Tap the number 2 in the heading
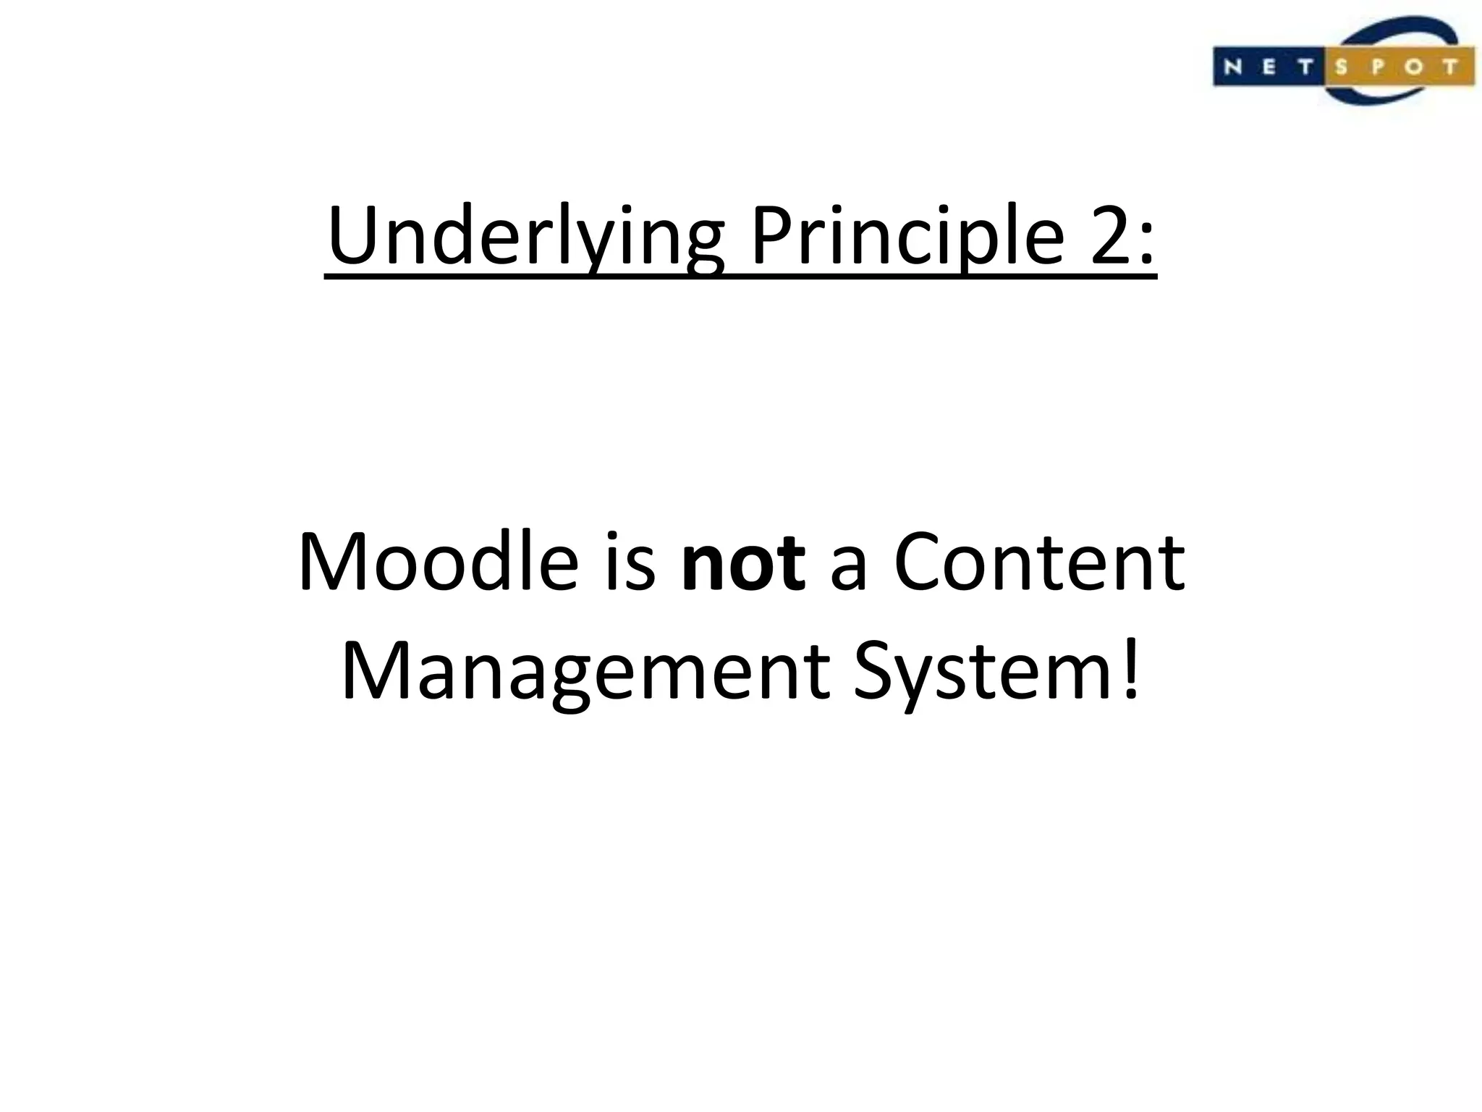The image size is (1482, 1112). [x=1110, y=236]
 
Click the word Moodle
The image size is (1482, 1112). [x=439, y=563]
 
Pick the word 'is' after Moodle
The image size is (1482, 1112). [x=630, y=563]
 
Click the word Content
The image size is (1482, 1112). [x=1040, y=563]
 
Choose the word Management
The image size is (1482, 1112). [x=585, y=672]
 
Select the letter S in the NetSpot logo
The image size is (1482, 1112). [x=1341, y=67]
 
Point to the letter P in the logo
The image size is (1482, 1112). [x=1376, y=67]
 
